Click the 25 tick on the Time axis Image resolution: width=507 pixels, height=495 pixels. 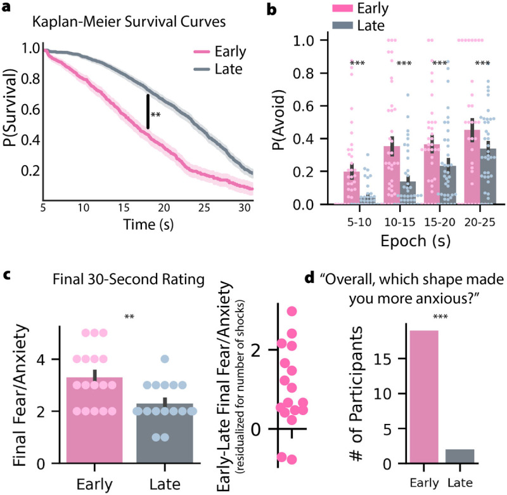point(206,208)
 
